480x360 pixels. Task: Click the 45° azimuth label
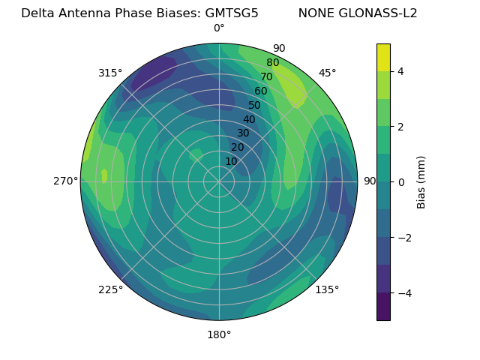[x=328, y=73]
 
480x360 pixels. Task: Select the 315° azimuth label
[x=110, y=73]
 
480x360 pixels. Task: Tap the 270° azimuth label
[x=66, y=181]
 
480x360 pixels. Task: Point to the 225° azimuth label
[x=110, y=289]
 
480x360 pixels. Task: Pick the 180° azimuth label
[x=219, y=334]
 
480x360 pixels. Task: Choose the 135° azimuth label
[x=327, y=289]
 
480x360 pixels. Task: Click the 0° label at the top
[x=219, y=28]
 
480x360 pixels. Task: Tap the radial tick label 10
[x=231, y=161]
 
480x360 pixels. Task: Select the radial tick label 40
[x=249, y=119]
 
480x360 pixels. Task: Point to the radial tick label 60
[x=260, y=91]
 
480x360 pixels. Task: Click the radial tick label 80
[x=272, y=63]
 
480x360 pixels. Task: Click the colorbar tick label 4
[x=401, y=71]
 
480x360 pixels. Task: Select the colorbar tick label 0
[x=401, y=182]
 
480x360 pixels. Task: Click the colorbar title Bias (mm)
[x=421, y=181]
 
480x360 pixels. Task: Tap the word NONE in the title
[x=316, y=13]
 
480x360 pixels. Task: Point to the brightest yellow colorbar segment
[x=383, y=57]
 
